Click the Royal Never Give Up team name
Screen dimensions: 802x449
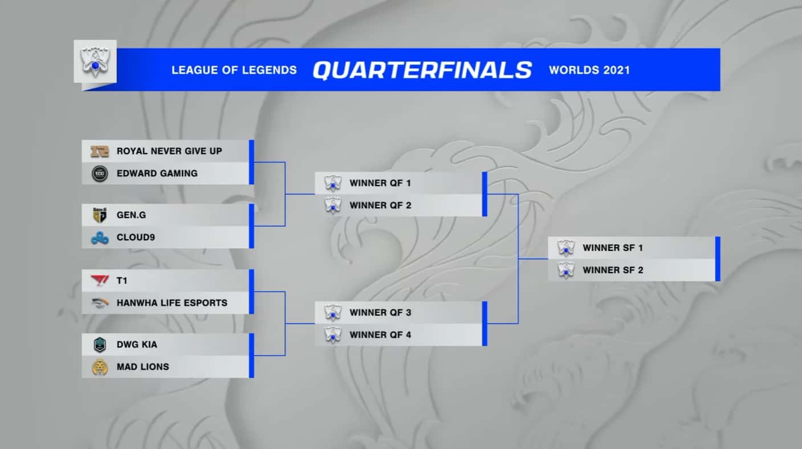point(169,151)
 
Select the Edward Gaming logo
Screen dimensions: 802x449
point(100,173)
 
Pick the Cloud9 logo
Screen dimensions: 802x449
point(100,237)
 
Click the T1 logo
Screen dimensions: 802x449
point(100,281)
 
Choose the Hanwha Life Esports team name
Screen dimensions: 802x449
point(172,303)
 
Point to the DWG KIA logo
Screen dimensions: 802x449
point(100,345)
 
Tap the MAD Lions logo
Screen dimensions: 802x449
point(100,367)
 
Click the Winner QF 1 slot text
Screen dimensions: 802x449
point(380,184)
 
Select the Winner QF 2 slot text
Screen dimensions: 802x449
point(380,205)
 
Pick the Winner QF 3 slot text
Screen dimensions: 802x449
point(380,313)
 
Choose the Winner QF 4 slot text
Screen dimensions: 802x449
point(380,335)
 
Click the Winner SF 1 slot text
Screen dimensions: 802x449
point(613,248)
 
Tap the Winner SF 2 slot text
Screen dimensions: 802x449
point(613,270)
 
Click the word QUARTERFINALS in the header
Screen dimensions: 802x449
point(422,70)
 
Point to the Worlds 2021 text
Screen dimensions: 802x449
point(589,70)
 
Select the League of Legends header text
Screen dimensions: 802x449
point(234,70)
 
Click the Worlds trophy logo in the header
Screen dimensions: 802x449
point(95,62)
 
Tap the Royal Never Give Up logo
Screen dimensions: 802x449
point(100,151)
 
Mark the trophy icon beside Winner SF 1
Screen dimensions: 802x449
point(565,248)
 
